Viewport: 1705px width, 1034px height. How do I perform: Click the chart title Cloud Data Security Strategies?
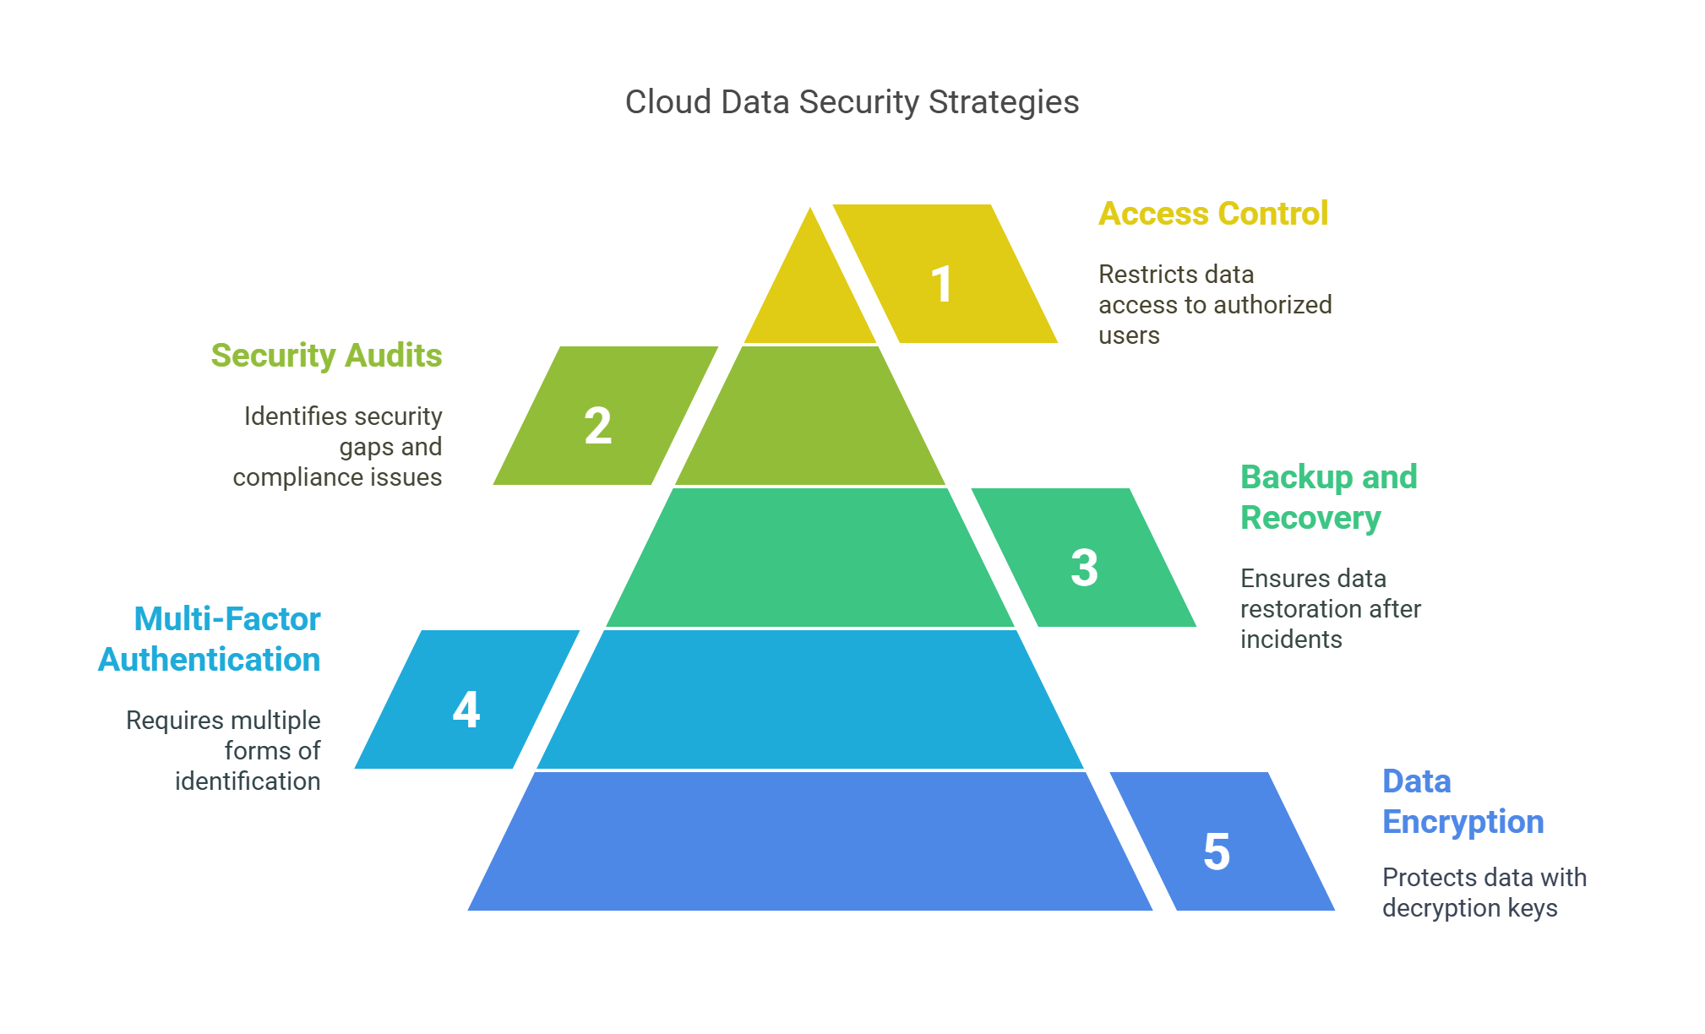coord(852,102)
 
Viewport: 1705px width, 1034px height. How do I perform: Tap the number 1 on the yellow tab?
coord(941,284)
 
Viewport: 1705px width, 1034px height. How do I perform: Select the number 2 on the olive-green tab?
coord(597,425)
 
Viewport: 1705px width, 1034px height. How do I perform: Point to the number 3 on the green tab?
coord(1084,567)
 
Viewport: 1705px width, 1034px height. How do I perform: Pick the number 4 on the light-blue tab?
coord(466,709)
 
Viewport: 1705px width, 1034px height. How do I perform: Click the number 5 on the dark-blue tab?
coord(1217,851)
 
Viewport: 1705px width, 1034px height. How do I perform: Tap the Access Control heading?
coord(1213,213)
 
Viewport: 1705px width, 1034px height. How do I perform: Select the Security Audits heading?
coord(326,355)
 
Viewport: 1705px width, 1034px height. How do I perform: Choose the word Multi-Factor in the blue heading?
coord(227,618)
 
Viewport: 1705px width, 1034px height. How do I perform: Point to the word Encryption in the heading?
coord(1463,822)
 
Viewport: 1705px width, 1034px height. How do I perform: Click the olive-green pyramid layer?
coord(810,416)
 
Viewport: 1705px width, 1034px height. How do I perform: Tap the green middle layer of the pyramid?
coord(810,558)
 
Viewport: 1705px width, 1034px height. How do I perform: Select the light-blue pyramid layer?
coord(810,699)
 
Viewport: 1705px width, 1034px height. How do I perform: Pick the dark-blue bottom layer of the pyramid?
coord(810,841)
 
